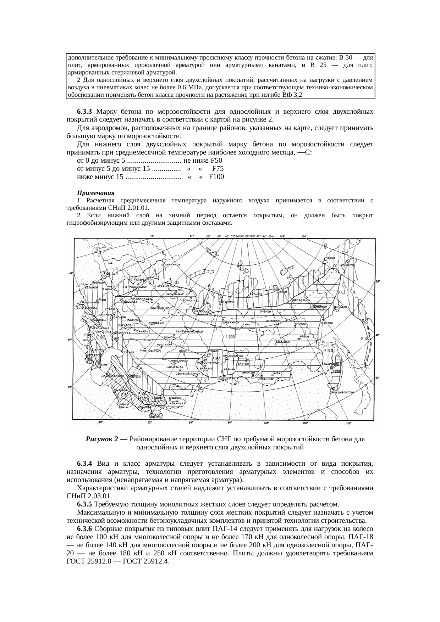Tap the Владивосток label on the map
point(343,392)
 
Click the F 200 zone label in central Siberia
point(229,337)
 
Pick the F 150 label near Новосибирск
point(215,359)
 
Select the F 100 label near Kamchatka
point(365,338)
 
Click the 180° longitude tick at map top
point(304,236)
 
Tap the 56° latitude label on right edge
point(378,281)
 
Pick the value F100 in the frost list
point(216,176)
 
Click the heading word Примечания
point(96,193)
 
